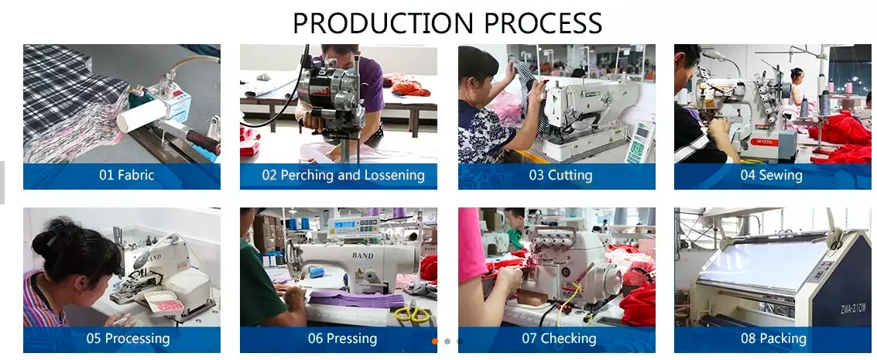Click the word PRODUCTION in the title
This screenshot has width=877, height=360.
(383, 23)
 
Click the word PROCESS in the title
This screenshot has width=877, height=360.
(543, 23)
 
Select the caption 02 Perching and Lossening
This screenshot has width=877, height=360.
(344, 175)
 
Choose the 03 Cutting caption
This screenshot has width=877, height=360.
(560, 175)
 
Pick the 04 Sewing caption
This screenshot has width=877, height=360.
(771, 175)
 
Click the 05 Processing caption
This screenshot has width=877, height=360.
(128, 338)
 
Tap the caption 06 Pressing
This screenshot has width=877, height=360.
(342, 338)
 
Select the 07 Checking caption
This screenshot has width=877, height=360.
(560, 338)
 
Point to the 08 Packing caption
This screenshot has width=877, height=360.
(773, 338)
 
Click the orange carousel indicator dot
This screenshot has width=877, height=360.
(435, 341)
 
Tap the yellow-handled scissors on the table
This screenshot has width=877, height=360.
(413, 314)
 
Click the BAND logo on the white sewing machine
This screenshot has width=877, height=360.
(362, 255)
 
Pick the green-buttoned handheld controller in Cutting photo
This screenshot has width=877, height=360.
(639, 142)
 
